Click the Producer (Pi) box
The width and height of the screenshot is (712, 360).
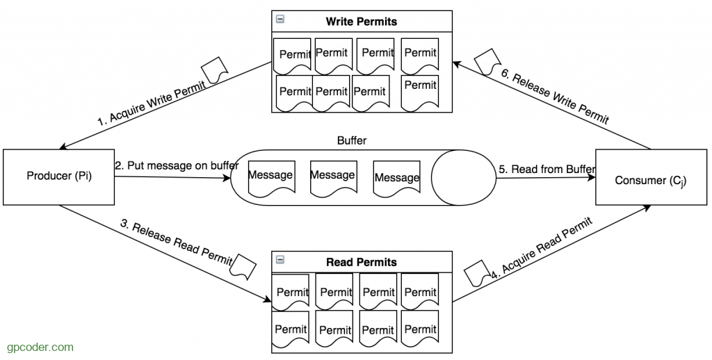59,177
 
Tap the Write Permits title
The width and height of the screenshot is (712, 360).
361,22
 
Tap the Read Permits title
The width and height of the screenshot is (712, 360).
361,262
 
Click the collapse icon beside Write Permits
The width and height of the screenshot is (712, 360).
280,20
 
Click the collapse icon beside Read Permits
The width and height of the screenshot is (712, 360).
280,260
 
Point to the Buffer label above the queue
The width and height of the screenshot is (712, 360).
352,140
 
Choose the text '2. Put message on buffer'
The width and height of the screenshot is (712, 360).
177,165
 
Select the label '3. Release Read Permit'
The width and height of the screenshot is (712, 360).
181,243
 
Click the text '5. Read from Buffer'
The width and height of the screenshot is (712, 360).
547,169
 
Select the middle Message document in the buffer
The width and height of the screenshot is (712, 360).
332,177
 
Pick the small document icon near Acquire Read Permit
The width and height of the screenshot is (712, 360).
478,273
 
